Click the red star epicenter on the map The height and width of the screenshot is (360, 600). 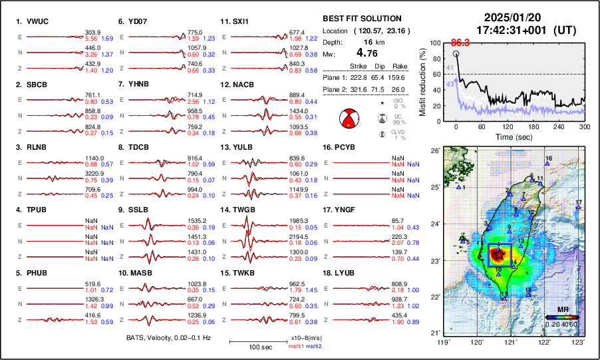[499, 254]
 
